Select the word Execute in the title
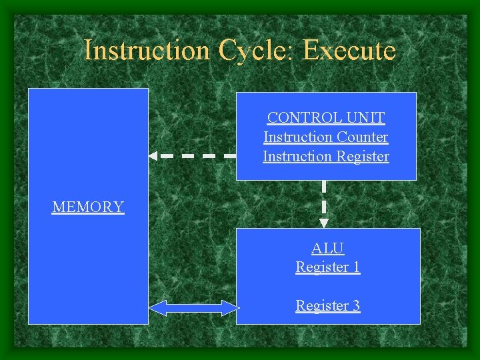click(x=349, y=51)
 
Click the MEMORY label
click(x=88, y=207)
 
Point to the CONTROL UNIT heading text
click(x=326, y=118)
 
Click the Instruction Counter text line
click(x=326, y=137)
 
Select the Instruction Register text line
click(x=326, y=157)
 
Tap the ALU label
click(x=328, y=249)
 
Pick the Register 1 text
click(x=328, y=267)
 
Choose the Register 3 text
click(x=328, y=306)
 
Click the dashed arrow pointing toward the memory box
click(x=193, y=156)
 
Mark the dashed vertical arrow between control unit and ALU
click(x=324, y=200)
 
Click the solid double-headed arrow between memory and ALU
click(x=193, y=307)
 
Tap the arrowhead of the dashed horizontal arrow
click(x=153, y=156)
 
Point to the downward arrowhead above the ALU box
click(x=324, y=223)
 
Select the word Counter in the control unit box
click(x=363, y=137)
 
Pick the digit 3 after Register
click(x=356, y=306)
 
